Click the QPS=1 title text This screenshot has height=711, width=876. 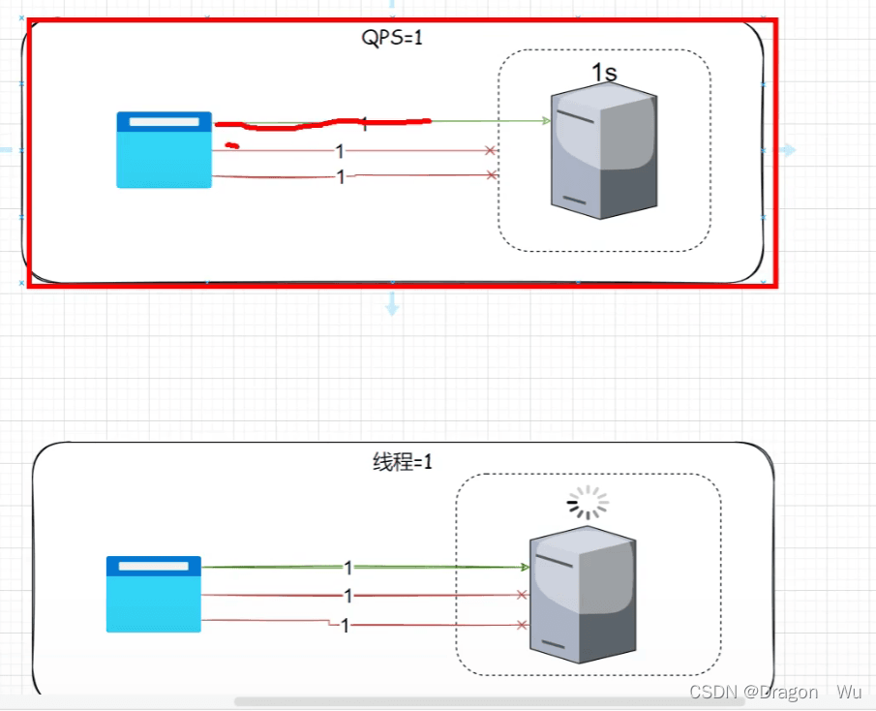pyautogui.click(x=392, y=38)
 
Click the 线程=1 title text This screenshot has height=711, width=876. pyautogui.click(x=403, y=462)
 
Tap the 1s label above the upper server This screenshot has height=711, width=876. pyautogui.click(x=604, y=73)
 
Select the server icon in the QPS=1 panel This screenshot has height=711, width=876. pyautogui.click(x=604, y=151)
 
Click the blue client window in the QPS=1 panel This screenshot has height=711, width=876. pyautogui.click(x=165, y=150)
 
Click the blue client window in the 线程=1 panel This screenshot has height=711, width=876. pyautogui.click(x=154, y=594)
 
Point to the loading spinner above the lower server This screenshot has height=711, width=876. pyautogui.click(x=588, y=503)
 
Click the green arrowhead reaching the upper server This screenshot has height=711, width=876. pyautogui.click(x=546, y=120)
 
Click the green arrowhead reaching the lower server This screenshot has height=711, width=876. pyautogui.click(x=525, y=568)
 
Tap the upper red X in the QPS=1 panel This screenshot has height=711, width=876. pyautogui.click(x=490, y=150)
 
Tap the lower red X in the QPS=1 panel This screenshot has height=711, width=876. pyautogui.click(x=491, y=175)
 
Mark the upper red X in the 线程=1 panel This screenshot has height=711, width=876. pyautogui.click(x=522, y=595)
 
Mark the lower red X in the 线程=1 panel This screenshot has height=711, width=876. pyautogui.click(x=522, y=625)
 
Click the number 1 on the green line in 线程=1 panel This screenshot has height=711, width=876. pyautogui.click(x=348, y=568)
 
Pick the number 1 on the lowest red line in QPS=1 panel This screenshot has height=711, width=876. pyautogui.click(x=341, y=176)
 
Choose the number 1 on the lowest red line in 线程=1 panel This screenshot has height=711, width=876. pyautogui.click(x=346, y=626)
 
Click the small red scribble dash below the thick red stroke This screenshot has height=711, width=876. pyautogui.click(x=232, y=146)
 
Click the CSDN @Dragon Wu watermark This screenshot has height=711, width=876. pyautogui.click(x=775, y=692)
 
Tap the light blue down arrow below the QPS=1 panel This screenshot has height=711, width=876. pyautogui.click(x=392, y=303)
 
